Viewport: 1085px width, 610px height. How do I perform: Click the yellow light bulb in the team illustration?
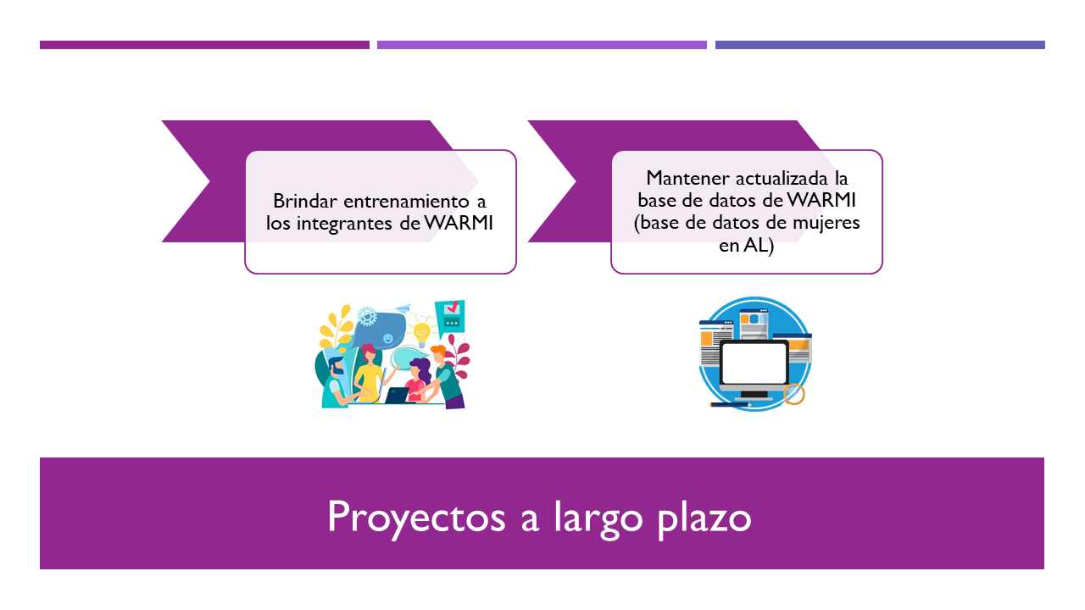pos(421,332)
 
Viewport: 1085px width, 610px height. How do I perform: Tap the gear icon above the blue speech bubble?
pos(367,317)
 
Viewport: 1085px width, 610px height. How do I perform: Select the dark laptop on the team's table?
pos(396,395)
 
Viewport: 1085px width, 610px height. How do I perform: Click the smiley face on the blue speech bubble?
pos(388,339)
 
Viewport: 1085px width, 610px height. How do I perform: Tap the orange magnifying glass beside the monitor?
pos(793,394)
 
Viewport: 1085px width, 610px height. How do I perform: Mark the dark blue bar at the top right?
pos(880,45)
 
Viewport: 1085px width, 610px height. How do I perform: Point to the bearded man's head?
pos(335,365)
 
